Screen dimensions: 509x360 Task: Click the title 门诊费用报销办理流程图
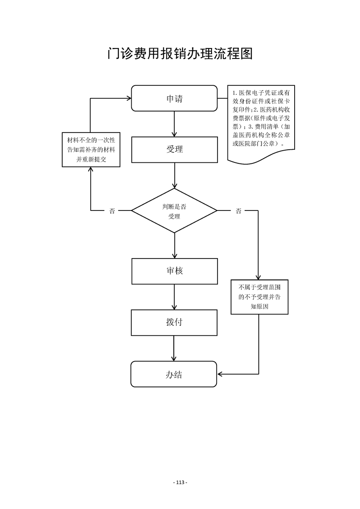click(180, 53)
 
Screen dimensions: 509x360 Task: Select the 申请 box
click(174, 98)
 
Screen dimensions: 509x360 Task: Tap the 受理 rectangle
click(174, 150)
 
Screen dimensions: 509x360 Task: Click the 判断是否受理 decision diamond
click(174, 210)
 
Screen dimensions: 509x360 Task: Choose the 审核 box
click(174, 271)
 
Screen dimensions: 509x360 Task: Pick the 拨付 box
click(174, 323)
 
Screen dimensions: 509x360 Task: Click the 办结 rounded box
click(174, 374)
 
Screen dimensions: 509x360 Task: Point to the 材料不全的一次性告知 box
click(91, 150)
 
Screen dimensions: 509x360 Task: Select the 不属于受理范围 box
click(259, 297)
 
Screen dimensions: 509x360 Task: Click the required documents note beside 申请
click(261, 122)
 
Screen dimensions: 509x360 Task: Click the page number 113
click(180, 483)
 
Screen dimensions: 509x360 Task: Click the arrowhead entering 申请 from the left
click(128, 98)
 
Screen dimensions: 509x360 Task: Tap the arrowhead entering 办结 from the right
click(220, 374)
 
